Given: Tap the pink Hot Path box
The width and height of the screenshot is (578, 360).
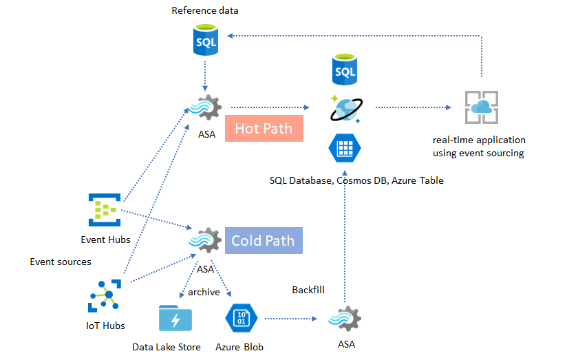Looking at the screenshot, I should pos(264,128).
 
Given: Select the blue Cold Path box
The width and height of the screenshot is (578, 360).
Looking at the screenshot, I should pos(263,240).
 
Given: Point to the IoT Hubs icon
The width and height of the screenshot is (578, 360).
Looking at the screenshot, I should pos(105,297).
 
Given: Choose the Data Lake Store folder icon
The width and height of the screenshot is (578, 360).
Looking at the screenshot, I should pos(175,319).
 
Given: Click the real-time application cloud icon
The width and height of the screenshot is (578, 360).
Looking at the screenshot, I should pos(481,107).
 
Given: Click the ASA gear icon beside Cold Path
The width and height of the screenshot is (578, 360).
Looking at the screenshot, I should pos(205,241).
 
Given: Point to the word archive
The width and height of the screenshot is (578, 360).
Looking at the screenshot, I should pos(204,292).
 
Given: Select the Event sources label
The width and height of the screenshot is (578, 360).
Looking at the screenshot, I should pos(61,262).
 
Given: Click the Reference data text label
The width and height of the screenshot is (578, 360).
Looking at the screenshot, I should pos(205,10).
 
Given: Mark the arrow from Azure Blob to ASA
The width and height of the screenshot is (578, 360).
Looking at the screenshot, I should pos(289,319).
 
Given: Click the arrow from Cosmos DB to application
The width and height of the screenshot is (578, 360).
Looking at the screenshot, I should pos(413,108).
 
